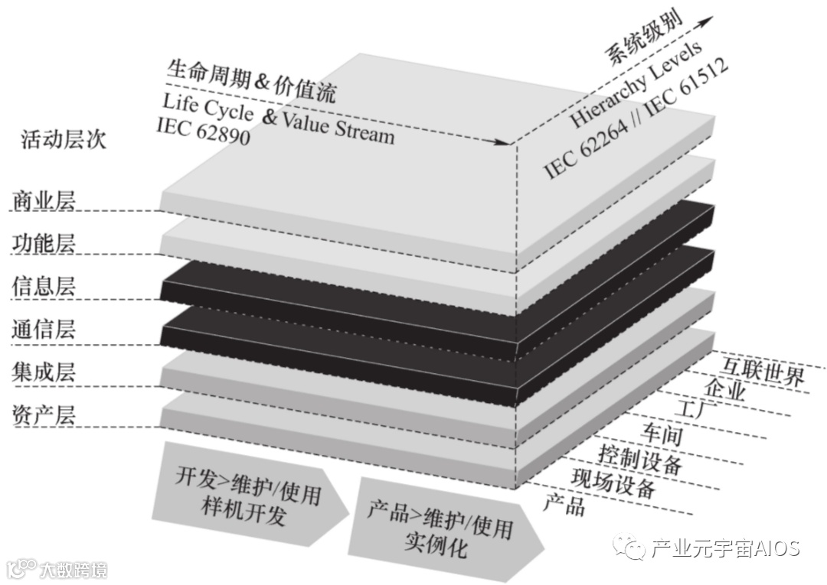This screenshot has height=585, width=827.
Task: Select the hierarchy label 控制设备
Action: pos(640,458)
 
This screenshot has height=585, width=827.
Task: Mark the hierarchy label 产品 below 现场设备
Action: pos(564,503)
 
